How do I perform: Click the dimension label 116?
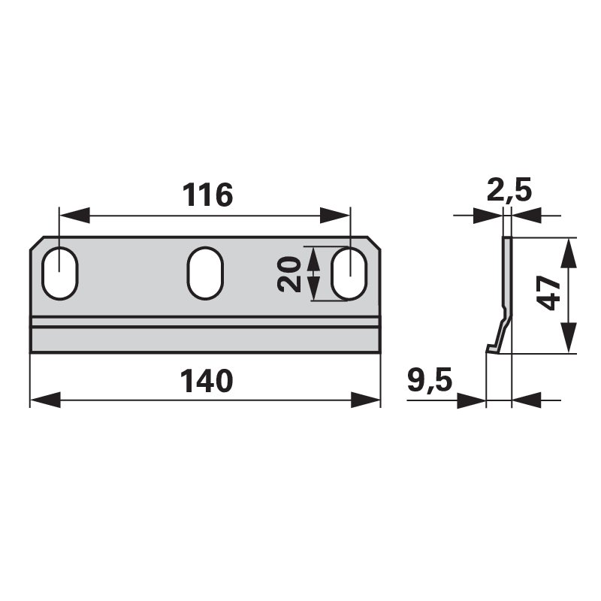(207, 195)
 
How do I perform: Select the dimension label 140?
(207, 381)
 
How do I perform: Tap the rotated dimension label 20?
(288, 274)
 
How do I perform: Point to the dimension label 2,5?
(509, 189)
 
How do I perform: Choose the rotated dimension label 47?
(548, 293)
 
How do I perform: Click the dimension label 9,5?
(430, 379)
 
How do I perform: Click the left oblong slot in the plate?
(60, 273)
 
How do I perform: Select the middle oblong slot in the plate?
(205, 273)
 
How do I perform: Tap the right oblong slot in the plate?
(349, 273)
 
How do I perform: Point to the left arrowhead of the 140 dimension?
(45, 400)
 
